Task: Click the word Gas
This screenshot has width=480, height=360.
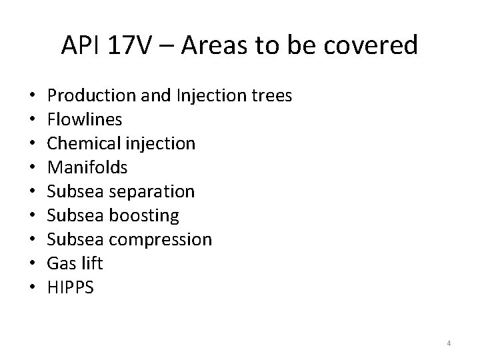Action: point(59,263)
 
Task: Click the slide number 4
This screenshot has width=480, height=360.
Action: point(449,343)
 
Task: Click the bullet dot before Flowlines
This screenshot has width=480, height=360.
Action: point(33,121)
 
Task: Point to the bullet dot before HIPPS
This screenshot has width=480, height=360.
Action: point(33,288)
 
